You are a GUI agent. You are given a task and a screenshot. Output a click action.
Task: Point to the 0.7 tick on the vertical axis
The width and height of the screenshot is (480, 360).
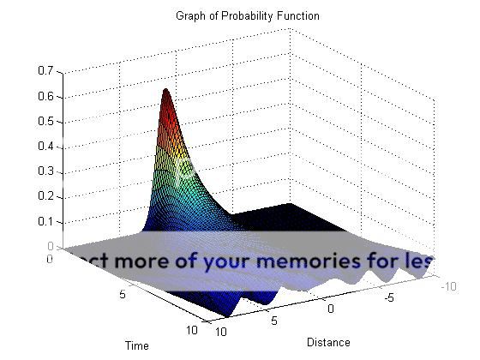point(45,71)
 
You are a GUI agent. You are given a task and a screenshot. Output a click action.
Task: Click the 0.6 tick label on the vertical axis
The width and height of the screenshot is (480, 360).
point(45,96)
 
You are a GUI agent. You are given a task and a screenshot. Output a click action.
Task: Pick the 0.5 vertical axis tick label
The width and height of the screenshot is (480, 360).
point(45,121)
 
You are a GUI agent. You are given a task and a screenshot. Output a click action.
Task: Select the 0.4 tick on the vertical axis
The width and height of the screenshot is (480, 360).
point(45,146)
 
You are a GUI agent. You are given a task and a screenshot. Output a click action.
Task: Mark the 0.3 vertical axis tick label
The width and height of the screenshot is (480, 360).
point(45,171)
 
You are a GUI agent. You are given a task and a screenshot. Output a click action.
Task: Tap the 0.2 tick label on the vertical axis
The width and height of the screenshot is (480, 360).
point(45,196)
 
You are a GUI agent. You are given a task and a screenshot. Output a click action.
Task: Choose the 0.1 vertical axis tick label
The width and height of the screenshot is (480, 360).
point(45,221)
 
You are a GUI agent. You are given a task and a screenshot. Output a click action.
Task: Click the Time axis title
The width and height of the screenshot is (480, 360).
point(137,345)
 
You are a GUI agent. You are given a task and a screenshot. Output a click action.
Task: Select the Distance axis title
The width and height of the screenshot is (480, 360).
point(328,343)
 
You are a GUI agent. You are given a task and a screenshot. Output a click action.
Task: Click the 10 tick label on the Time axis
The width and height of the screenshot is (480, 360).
point(192,330)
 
